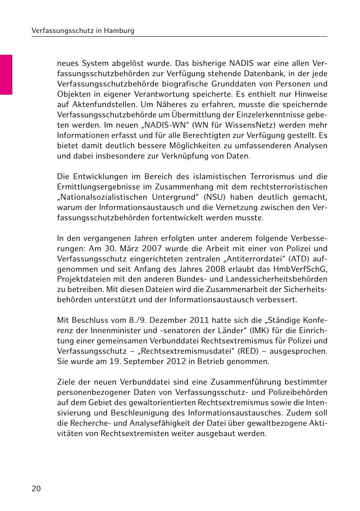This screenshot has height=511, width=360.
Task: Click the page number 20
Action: point(36,489)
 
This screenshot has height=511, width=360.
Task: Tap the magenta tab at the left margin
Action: point(6,75)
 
